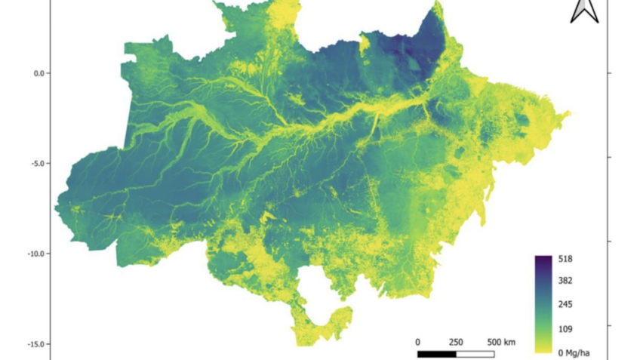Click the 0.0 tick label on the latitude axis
tap(37, 73)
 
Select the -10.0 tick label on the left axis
tap(34, 254)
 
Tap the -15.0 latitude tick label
tap(34, 344)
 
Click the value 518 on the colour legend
tap(565, 259)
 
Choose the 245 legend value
tap(565, 305)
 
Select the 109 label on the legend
tap(565, 329)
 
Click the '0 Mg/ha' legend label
tap(576, 352)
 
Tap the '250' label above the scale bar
tap(456, 342)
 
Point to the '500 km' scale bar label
tap(500, 342)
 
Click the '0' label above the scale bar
tap(417, 342)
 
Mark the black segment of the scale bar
tap(436, 353)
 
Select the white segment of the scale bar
tap(475, 353)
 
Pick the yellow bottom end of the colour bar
tap(543, 349)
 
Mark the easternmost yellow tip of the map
tap(569, 114)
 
